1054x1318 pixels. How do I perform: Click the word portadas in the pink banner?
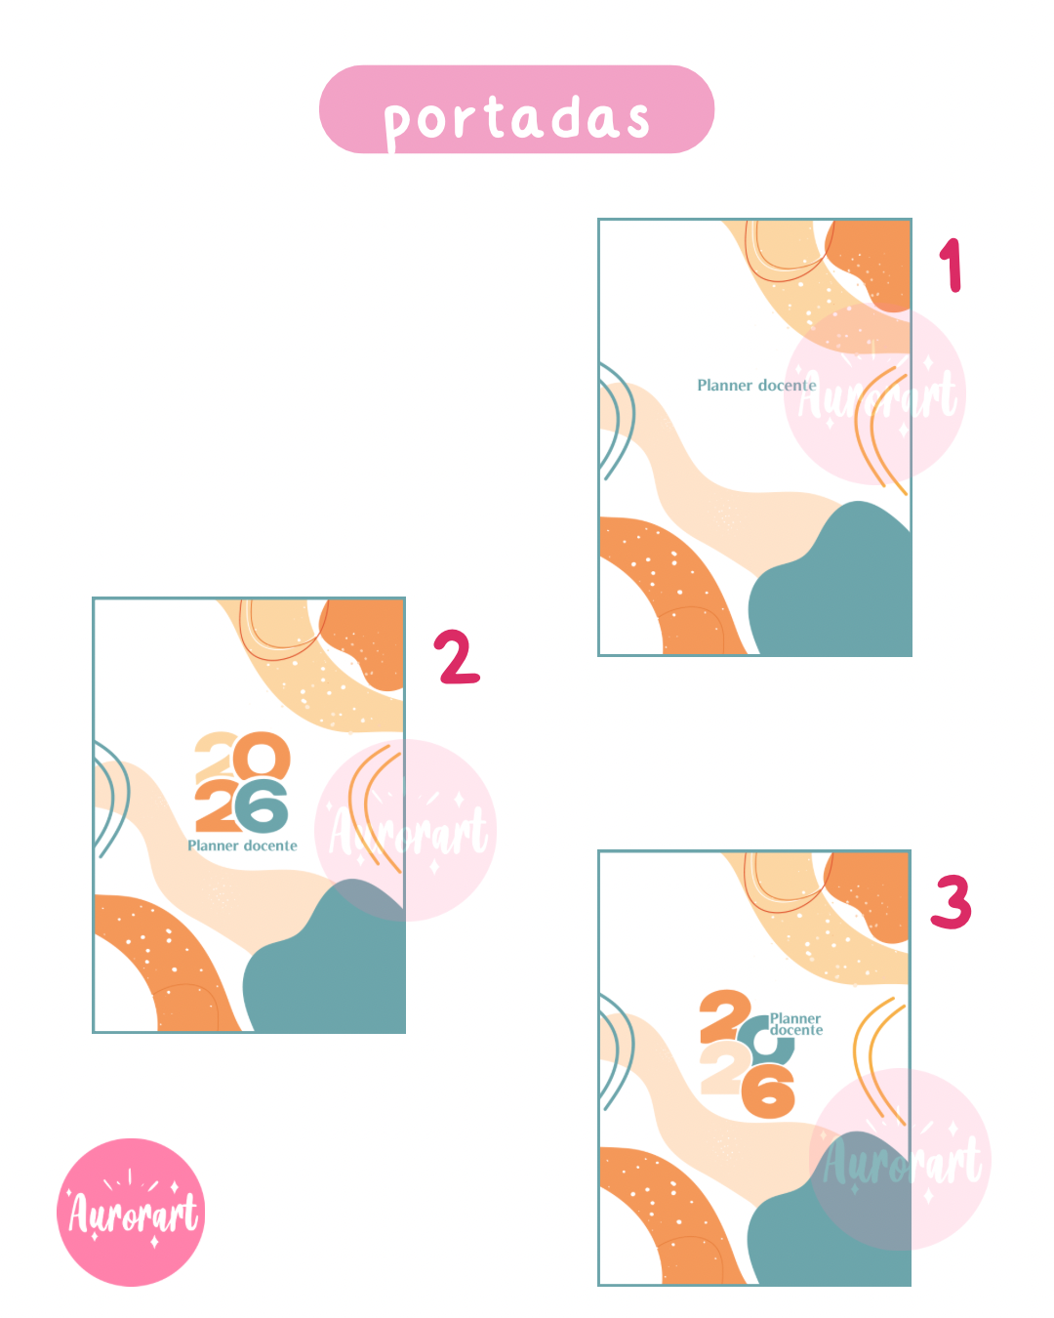coord(516,119)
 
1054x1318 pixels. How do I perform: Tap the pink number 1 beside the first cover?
coord(952,266)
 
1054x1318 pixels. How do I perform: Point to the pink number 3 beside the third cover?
coord(952,903)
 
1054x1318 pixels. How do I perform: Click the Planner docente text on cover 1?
coord(756,386)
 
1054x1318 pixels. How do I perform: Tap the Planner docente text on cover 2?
coord(243,845)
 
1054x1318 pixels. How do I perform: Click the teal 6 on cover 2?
coord(261,806)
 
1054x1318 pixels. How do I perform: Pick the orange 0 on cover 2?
coord(262,756)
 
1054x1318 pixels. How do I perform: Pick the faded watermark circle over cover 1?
coord(874,393)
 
